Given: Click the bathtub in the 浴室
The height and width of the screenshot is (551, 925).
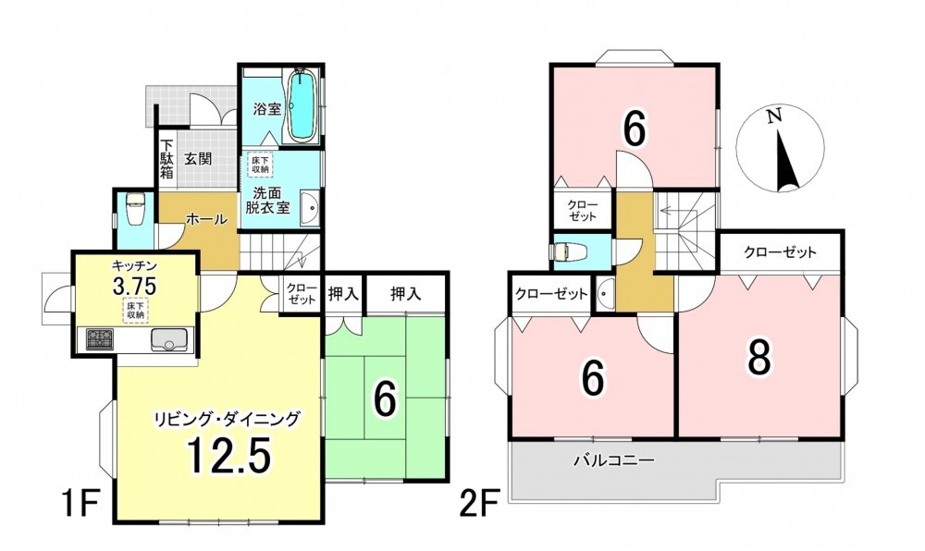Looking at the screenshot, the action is (x=302, y=105).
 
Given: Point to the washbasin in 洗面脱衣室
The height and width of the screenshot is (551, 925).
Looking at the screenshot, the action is (x=310, y=208).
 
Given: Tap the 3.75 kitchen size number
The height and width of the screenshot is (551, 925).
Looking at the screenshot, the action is (x=134, y=287).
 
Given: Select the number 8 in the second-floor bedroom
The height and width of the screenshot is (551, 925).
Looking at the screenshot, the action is (x=759, y=358).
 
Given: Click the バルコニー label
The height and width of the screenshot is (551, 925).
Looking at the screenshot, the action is (x=615, y=460).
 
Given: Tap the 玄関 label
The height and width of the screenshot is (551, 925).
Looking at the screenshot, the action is (x=198, y=159).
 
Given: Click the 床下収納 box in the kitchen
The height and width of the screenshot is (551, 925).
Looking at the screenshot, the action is (x=136, y=310).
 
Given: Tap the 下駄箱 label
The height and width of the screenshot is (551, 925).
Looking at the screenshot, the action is (x=167, y=158).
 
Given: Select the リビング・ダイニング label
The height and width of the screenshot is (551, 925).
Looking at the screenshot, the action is (x=228, y=419).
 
